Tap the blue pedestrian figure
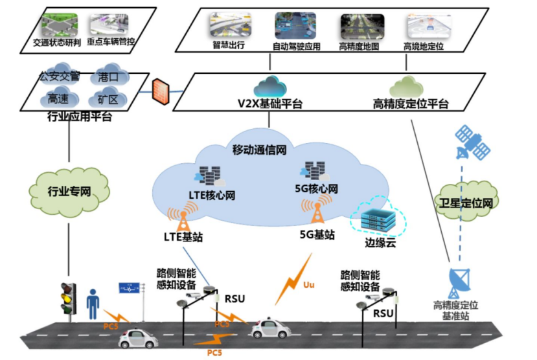[x=92, y=304]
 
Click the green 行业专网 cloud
[x=69, y=191]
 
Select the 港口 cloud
[x=108, y=76]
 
